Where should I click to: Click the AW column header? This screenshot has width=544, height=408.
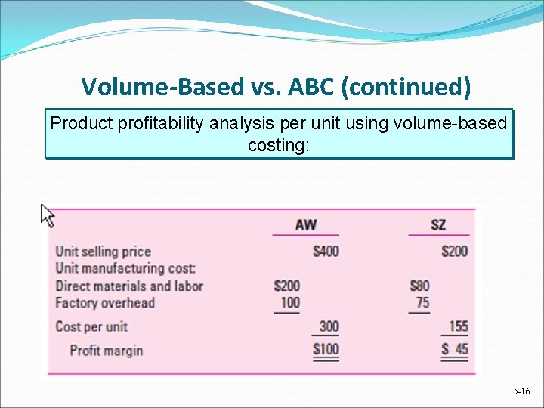pyautogui.click(x=305, y=224)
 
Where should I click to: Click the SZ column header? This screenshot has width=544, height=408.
pyautogui.click(x=438, y=224)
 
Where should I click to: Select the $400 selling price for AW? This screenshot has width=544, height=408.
pyautogui.click(x=326, y=251)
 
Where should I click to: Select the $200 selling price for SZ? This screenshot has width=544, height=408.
pyautogui.click(x=454, y=251)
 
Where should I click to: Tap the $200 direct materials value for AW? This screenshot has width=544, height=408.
pyautogui.click(x=286, y=286)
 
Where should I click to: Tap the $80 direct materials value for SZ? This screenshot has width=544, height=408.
pyautogui.click(x=419, y=286)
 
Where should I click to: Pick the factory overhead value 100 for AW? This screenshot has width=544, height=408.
pyautogui.click(x=289, y=303)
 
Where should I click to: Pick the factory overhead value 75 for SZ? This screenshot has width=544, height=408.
pyautogui.click(x=422, y=303)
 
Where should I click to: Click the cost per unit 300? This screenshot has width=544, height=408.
pyautogui.click(x=328, y=326)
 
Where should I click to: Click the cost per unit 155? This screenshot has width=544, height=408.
pyautogui.click(x=457, y=326)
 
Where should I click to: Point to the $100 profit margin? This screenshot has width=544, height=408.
pyautogui.click(x=326, y=350)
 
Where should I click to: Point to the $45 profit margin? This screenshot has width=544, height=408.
pyautogui.click(x=454, y=350)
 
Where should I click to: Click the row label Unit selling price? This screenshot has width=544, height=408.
pyautogui.click(x=104, y=252)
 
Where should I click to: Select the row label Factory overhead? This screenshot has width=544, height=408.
pyautogui.click(x=105, y=303)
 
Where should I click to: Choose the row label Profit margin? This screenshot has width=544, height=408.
pyautogui.click(x=107, y=351)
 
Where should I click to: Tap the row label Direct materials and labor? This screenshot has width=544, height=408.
pyautogui.click(x=129, y=286)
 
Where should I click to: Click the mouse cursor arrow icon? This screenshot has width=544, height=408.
pyautogui.click(x=48, y=215)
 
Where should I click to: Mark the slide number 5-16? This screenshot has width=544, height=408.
pyautogui.click(x=521, y=391)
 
